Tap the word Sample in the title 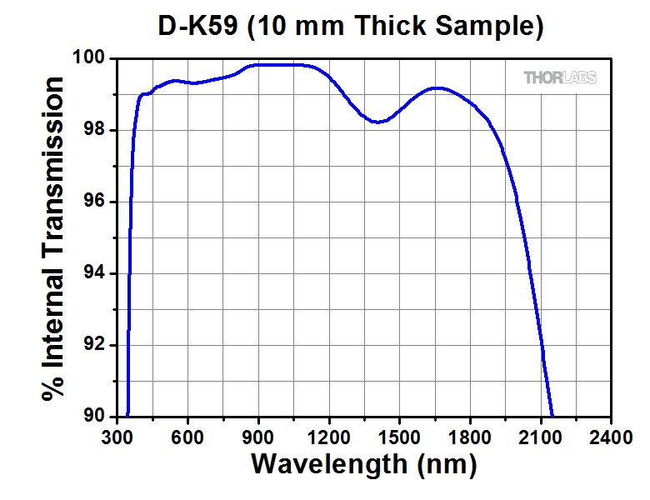482,27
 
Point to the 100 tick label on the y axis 94,59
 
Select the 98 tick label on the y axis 99,131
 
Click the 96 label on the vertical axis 99,202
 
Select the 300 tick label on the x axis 117,436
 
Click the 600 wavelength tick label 188,436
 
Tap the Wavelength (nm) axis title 364,463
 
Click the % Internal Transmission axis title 55,238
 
